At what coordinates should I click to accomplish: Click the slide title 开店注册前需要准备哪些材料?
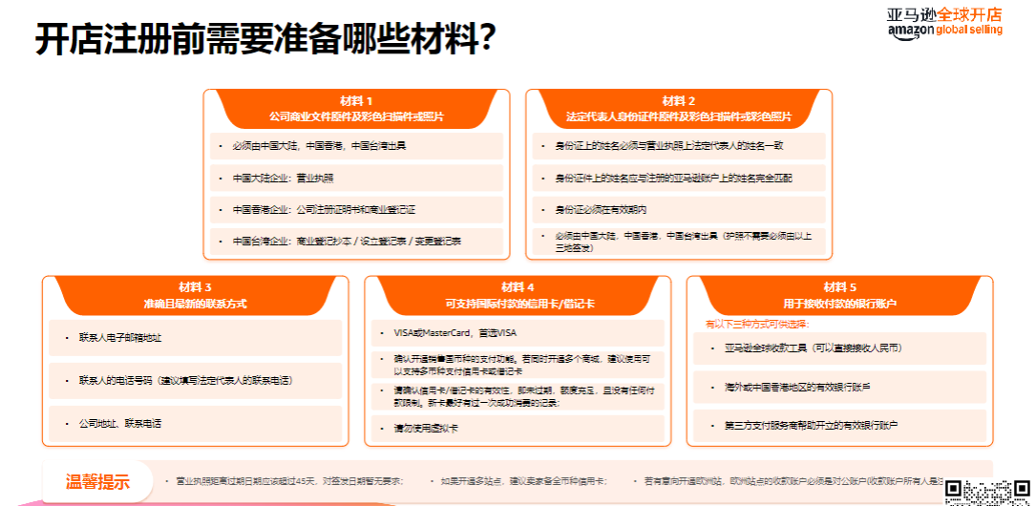click(x=265, y=40)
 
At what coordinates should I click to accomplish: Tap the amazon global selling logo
click(x=944, y=21)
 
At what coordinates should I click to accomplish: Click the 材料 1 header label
click(x=356, y=100)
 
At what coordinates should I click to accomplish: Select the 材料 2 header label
click(x=679, y=100)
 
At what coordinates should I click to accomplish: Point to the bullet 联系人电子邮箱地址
click(x=120, y=337)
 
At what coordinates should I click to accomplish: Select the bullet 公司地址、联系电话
click(x=120, y=423)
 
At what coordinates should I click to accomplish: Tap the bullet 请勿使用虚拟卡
click(x=425, y=429)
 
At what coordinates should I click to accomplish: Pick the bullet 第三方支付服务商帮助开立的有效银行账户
click(x=811, y=423)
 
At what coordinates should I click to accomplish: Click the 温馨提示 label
click(x=96, y=481)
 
